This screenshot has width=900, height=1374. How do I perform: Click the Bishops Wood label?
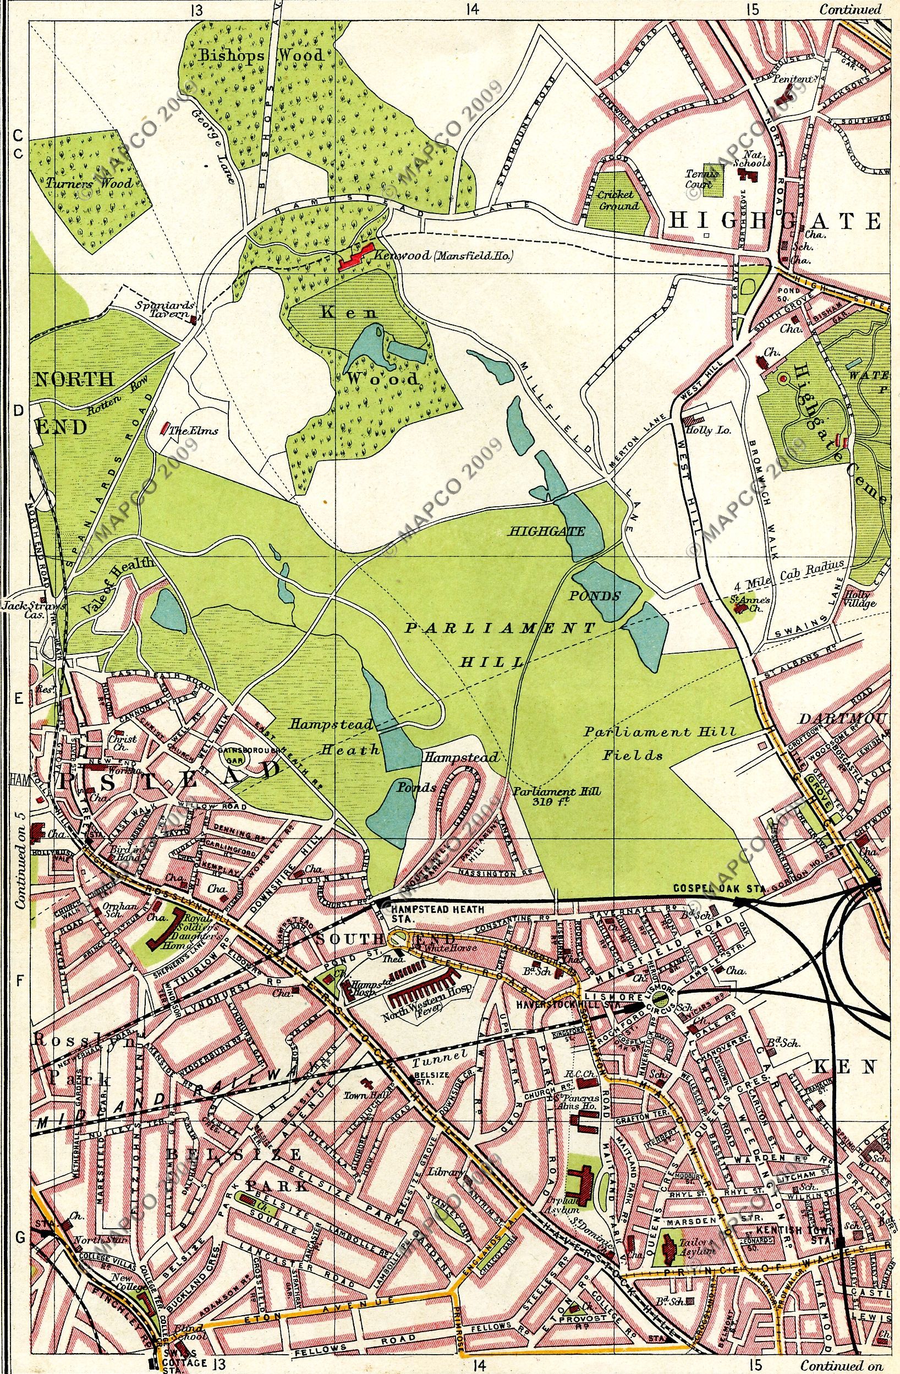click(x=261, y=56)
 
